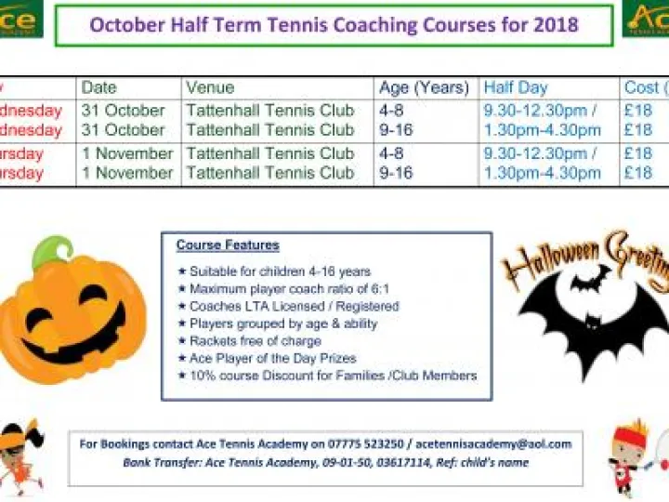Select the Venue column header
coord(210,87)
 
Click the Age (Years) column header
coord(424,87)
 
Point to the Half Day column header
coord(516,87)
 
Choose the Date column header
coord(99,87)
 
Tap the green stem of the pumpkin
coord(53,251)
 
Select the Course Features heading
coord(228,245)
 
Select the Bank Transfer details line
coord(325,462)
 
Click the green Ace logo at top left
coord(20,19)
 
